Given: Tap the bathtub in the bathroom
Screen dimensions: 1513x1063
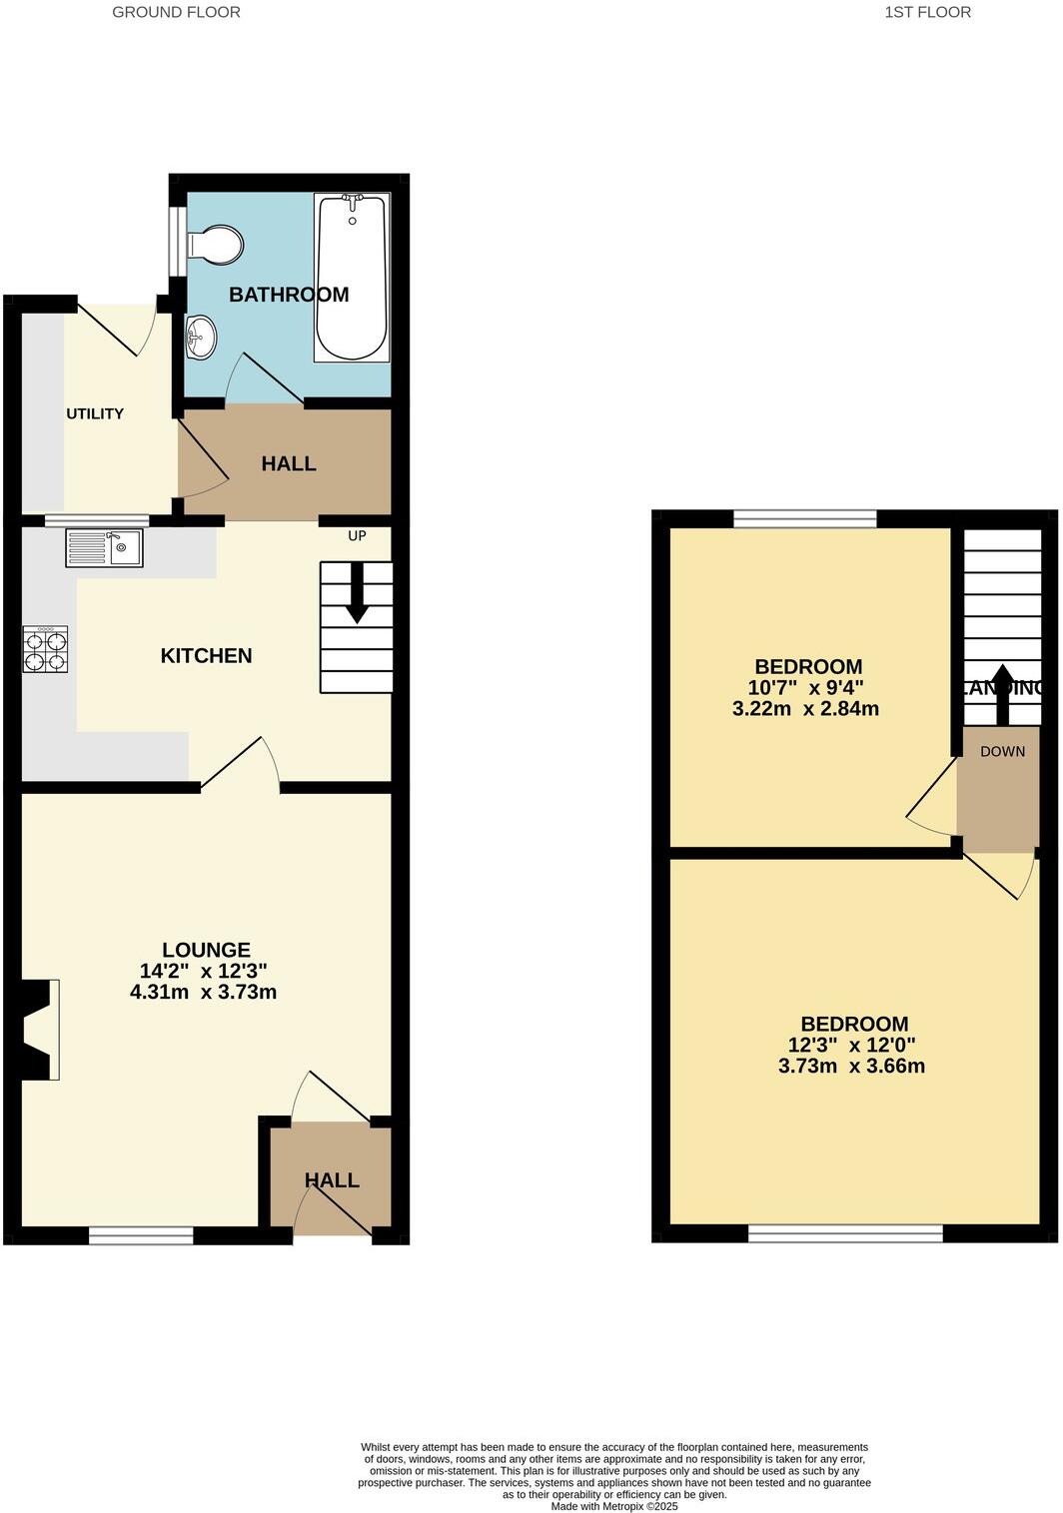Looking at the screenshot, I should pyautogui.click(x=352, y=278).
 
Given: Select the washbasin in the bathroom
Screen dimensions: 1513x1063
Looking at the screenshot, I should pyautogui.click(x=200, y=335).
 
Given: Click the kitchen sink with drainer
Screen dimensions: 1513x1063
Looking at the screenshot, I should pyautogui.click(x=105, y=547).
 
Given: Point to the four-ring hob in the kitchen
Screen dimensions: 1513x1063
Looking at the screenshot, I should pyautogui.click(x=46, y=649).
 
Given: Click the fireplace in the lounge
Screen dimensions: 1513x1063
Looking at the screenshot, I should pyautogui.click(x=39, y=1030).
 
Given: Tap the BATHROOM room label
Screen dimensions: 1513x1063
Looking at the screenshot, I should pyautogui.click(x=289, y=295).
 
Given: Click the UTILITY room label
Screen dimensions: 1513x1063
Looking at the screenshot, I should pyautogui.click(x=95, y=413).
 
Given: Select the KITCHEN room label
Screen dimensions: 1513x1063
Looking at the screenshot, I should pyautogui.click(x=207, y=656).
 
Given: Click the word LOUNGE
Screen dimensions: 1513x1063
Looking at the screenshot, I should pyautogui.click(x=206, y=950).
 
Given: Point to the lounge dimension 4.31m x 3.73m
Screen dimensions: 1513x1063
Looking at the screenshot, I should pyautogui.click(x=203, y=992).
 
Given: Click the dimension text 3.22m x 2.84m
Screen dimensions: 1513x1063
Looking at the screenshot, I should pyautogui.click(x=805, y=709).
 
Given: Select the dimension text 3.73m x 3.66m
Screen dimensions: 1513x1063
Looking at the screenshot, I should pyautogui.click(x=851, y=1066).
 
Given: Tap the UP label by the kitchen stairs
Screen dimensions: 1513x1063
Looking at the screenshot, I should pyautogui.click(x=357, y=536).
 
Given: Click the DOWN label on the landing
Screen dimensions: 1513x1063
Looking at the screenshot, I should pyautogui.click(x=1002, y=751).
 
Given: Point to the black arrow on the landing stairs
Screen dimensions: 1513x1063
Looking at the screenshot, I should pyautogui.click(x=1002, y=693).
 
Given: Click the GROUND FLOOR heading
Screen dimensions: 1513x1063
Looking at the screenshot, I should pyautogui.click(x=176, y=12).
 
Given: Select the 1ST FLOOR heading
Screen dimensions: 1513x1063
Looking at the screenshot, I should pyautogui.click(x=927, y=12).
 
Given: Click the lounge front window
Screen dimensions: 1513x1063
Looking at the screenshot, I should pyautogui.click(x=141, y=1236).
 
